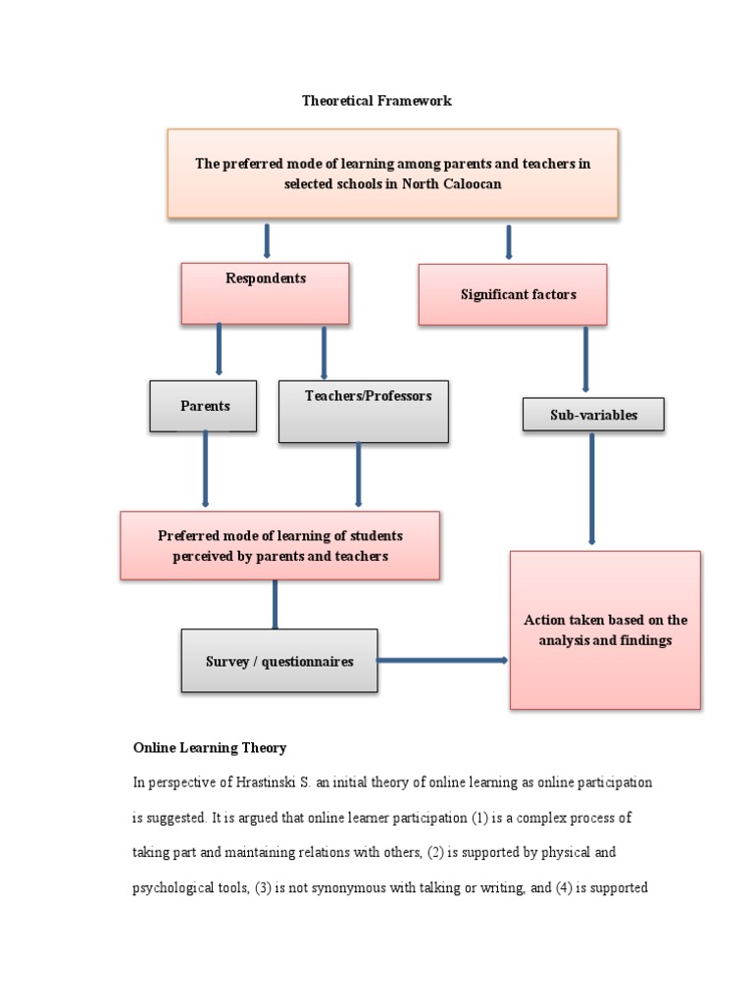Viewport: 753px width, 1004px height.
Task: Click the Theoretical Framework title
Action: pyautogui.click(x=376, y=101)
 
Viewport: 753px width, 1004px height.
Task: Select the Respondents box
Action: pyautogui.click(x=265, y=293)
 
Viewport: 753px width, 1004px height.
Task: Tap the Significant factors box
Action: pyautogui.click(x=512, y=294)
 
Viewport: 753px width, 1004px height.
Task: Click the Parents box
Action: pyautogui.click(x=203, y=406)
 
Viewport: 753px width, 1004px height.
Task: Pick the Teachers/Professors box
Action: pyautogui.click(x=364, y=411)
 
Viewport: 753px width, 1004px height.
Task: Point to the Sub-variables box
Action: pyautogui.click(x=593, y=415)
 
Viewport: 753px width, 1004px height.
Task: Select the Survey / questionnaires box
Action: pyautogui.click(x=279, y=661)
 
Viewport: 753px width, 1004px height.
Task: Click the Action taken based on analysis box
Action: pyautogui.click(x=605, y=629)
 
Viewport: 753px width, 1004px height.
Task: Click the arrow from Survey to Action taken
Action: pyautogui.click(x=442, y=660)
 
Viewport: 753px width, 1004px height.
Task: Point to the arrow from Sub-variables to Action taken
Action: pyautogui.click(x=591, y=487)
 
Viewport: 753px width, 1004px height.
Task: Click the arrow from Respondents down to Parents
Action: pyautogui.click(x=218, y=349)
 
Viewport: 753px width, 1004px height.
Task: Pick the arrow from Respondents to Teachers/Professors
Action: pyautogui.click(x=324, y=352)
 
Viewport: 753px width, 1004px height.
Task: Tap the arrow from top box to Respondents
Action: pyautogui.click(x=267, y=240)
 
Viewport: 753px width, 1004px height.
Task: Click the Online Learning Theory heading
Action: pyautogui.click(x=210, y=748)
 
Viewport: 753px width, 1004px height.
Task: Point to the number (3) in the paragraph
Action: pyautogui.click(x=265, y=889)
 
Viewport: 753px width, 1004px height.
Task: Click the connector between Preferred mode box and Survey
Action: pyautogui.click(x=275, y=604)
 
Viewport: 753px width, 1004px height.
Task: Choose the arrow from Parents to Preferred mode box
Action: pyautogui.click(x=205, y=469)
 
